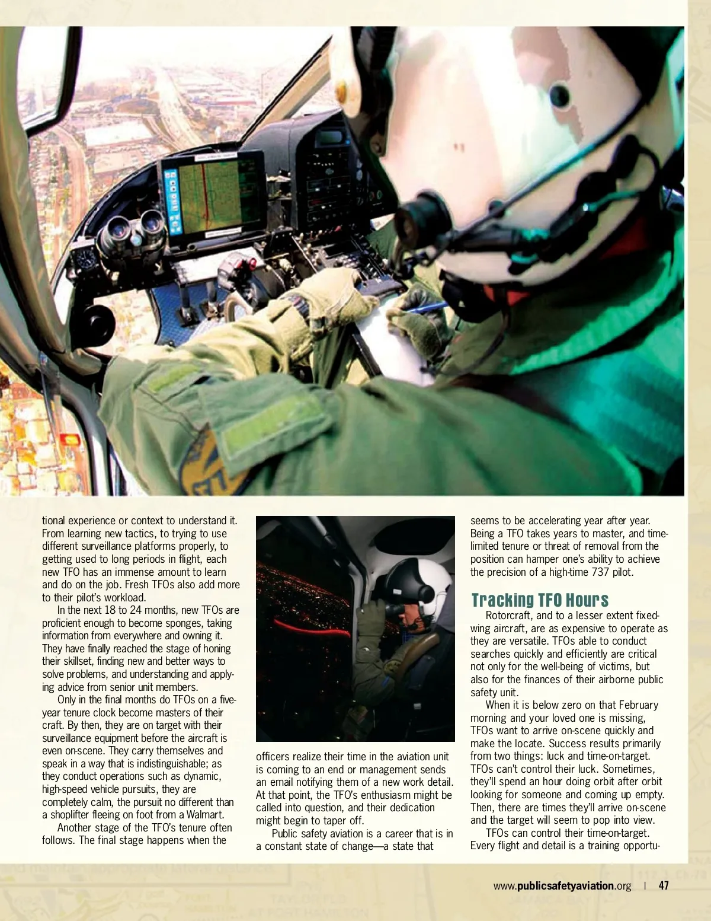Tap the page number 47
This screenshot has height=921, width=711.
tap(664, 885)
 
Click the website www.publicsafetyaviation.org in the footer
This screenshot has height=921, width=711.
tap(562, 886)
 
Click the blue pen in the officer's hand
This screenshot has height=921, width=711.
tap(427, 308)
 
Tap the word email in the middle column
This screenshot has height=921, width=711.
tap(283, 782)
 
